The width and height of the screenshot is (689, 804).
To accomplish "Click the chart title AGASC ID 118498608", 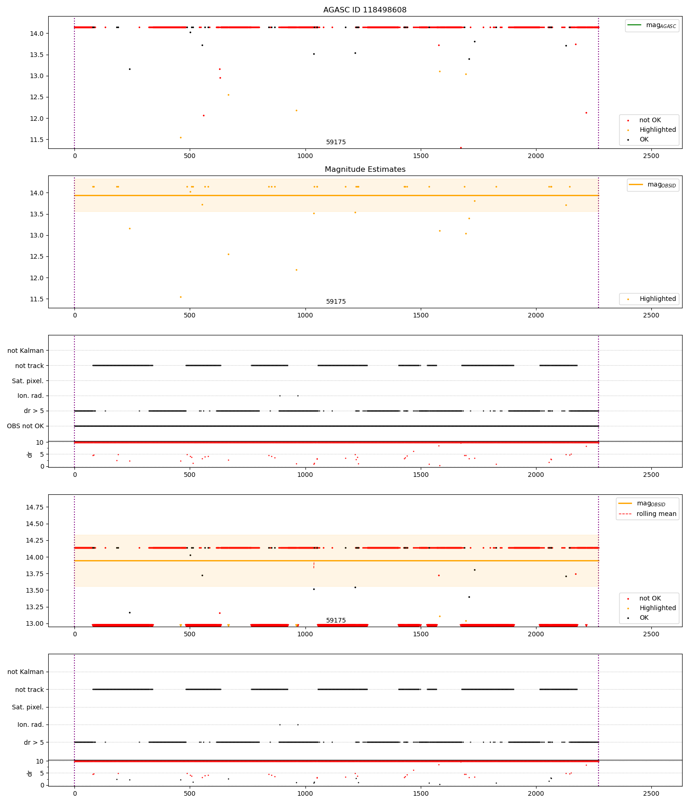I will coord(365,10).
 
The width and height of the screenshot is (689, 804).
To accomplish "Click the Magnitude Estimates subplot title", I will coord(365,170).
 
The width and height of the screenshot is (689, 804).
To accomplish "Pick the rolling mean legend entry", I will coord(656,514).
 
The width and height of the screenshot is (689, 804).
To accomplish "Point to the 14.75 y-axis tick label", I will coord(34,507).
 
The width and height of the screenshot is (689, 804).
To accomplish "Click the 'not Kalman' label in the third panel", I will coord(26,351).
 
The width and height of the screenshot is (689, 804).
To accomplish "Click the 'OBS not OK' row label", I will coord(25,426).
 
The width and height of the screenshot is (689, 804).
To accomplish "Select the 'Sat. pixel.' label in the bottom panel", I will coord(28,707).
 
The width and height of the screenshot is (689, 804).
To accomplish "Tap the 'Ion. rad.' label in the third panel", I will coord(30,396).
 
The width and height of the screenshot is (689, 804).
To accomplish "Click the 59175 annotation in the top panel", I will coord(336,142).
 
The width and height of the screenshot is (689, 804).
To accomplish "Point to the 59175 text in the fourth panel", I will coord(336,620).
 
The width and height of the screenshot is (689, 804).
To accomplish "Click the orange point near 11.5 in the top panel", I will coord(181,137).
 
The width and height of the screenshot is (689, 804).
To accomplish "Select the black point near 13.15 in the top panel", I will coord(130,69).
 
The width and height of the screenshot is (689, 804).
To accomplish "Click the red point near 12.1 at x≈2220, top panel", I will coord(586,113).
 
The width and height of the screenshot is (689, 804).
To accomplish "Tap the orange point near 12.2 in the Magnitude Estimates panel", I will coord(296,270).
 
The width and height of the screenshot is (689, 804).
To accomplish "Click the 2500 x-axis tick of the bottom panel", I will coord(651,793).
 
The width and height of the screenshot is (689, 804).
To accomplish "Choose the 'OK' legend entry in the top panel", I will coord(644,139).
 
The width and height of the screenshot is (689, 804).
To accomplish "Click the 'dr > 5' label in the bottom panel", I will coord(34,742).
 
